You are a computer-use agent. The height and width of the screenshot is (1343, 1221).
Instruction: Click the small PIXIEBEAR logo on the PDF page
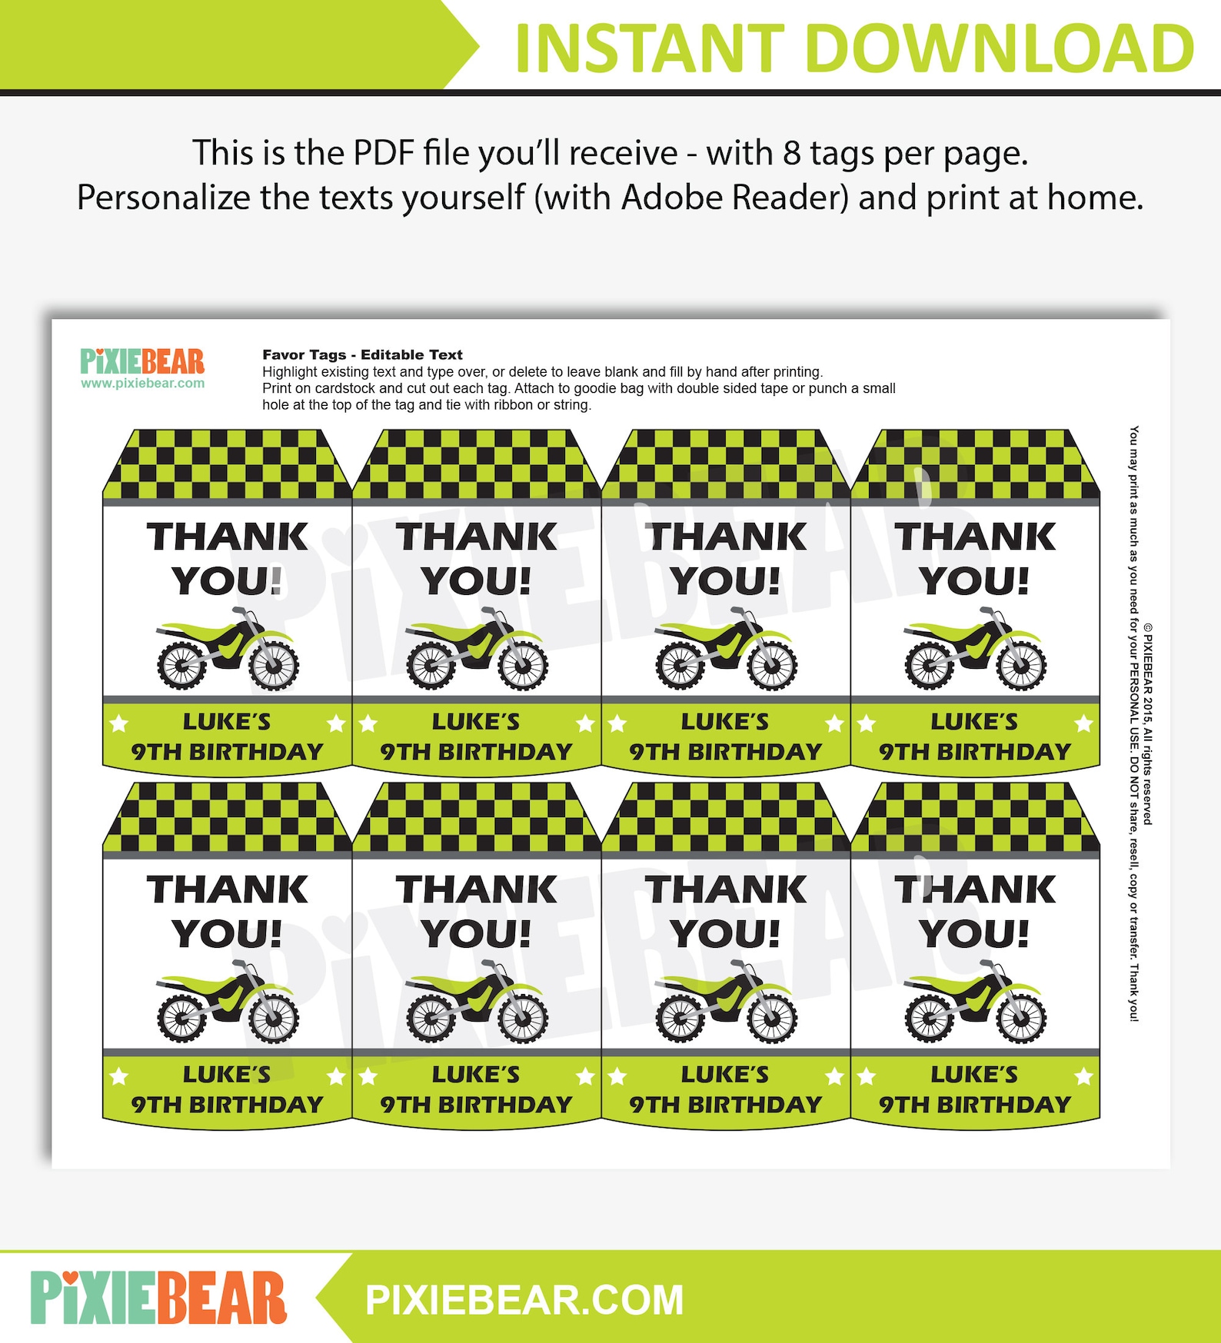pyautogui.click(x=142, y=361)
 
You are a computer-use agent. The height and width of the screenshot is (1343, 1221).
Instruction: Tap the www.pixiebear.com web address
pyautogui.click(x=142, y=384)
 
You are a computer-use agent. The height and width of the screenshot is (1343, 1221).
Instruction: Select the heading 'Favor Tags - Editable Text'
pyautogui.click(x=362, y=354)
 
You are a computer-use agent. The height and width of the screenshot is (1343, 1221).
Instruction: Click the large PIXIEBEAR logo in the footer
pyautogui.click(x=158, y=1298)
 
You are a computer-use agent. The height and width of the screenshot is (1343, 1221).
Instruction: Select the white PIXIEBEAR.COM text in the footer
pyautogui.click(x=524, y=1300)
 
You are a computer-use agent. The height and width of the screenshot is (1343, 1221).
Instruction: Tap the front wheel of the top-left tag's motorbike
pyautogui.click(x=273, y=663)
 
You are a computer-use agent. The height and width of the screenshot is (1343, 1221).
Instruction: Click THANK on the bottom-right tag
pyautogui.click(x=975, y=889)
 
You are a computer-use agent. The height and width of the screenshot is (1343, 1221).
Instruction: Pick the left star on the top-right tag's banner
pyautogui.click(x=867, y=723)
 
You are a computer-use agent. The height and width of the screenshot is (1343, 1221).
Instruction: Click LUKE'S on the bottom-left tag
pyautogui.click(x=227, y=1074)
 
